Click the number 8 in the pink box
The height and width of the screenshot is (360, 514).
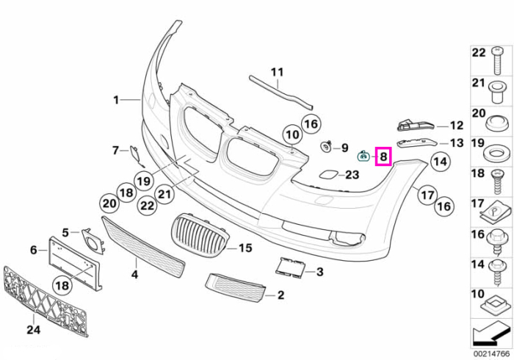pos(384,156)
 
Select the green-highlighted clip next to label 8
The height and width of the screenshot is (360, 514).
pos(363,156)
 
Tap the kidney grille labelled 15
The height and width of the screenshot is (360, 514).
pos(200,235)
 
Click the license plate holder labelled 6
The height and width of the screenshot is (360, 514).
pos(76,264)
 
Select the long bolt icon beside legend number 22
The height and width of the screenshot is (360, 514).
pos(496,61)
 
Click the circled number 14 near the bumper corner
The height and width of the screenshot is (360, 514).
pos(441,162)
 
